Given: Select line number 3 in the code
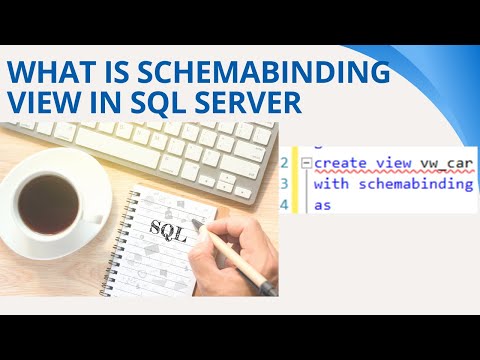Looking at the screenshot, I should (284, 184).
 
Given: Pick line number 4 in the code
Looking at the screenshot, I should (284, 204).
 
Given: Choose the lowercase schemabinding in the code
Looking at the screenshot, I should (411, 184).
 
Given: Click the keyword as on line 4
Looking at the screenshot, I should (322, 204).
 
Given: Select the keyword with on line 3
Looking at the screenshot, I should (330, 184).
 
